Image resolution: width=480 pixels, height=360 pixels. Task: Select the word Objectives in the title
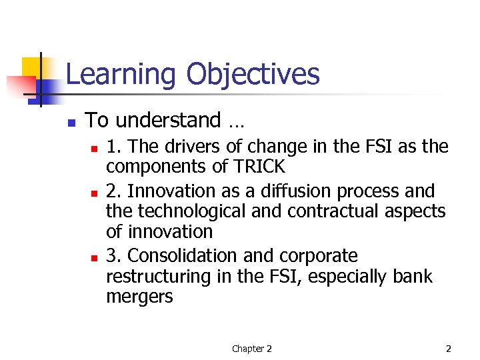coord(253,75)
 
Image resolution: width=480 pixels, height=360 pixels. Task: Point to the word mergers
coord(139,297)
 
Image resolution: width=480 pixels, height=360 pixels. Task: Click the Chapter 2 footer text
coord(251,349)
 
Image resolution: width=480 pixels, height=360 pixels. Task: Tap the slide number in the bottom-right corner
coord(449,349)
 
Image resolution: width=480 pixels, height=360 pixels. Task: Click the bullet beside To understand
coord(71,123)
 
